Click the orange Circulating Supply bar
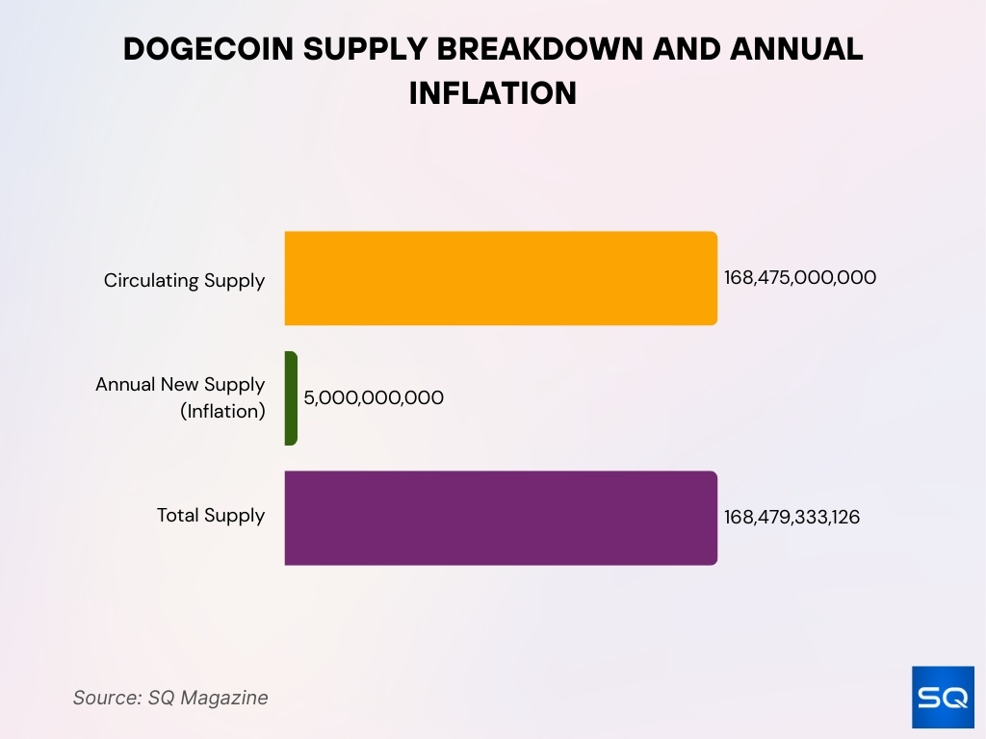pos(501,278)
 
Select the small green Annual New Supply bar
pos(291,397)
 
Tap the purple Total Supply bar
pos(501,518)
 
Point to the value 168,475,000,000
pos(800,278)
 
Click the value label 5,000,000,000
pos(374,397)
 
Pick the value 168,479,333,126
pos(791,518)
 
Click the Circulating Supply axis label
pos(184,281)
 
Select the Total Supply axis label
pos(211,516)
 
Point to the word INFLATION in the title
pos(493,93)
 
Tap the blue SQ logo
pos(943,698)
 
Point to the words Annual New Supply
pos(180,385)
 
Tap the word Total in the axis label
pos(177,516)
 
